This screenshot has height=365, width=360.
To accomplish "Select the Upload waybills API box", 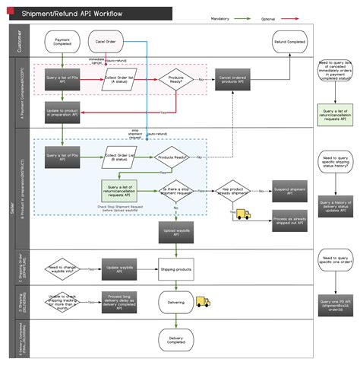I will [175, 231].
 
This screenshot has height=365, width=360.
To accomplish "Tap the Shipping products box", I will [175, 268].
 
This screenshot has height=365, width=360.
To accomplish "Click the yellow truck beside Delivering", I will [202, 301].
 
